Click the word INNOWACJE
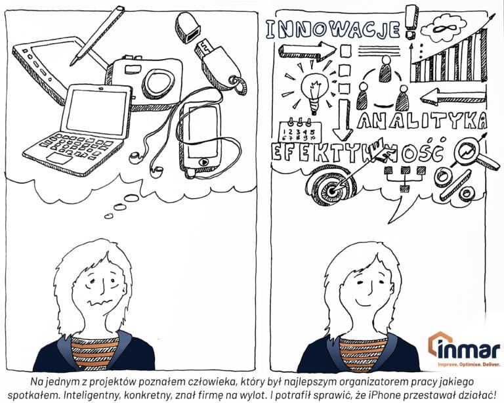click(333, 30)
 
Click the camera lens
click(158, 83)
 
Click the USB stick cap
click(188, 28)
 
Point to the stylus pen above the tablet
click(97, 35)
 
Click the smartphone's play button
click(203, 161)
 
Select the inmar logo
click(464, 350)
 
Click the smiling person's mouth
click(366, 302)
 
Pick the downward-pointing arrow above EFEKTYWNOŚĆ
click(343, 119)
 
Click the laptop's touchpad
click(60, 158)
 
